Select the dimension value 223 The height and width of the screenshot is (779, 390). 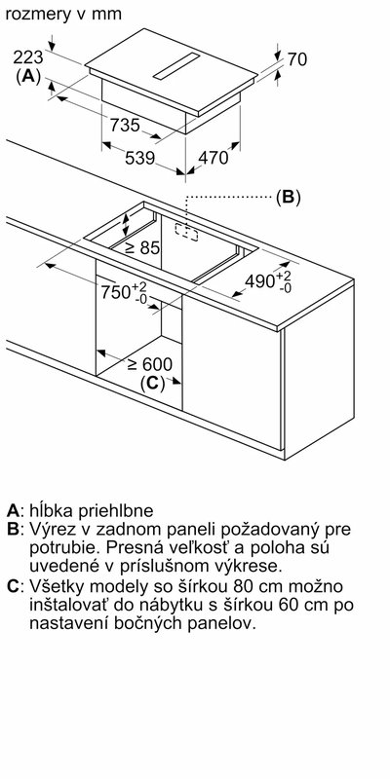[30, 57]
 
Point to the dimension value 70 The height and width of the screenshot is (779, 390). [296, 60]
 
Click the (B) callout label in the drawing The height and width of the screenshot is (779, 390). [286, 197]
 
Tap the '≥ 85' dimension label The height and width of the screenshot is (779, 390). [141, 248]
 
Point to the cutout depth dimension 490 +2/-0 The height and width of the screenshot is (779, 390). [266, 281]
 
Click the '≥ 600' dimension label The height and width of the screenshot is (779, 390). [149, 363]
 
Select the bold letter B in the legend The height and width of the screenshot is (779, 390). [13, 530]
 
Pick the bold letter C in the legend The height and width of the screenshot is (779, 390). [13, 586]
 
